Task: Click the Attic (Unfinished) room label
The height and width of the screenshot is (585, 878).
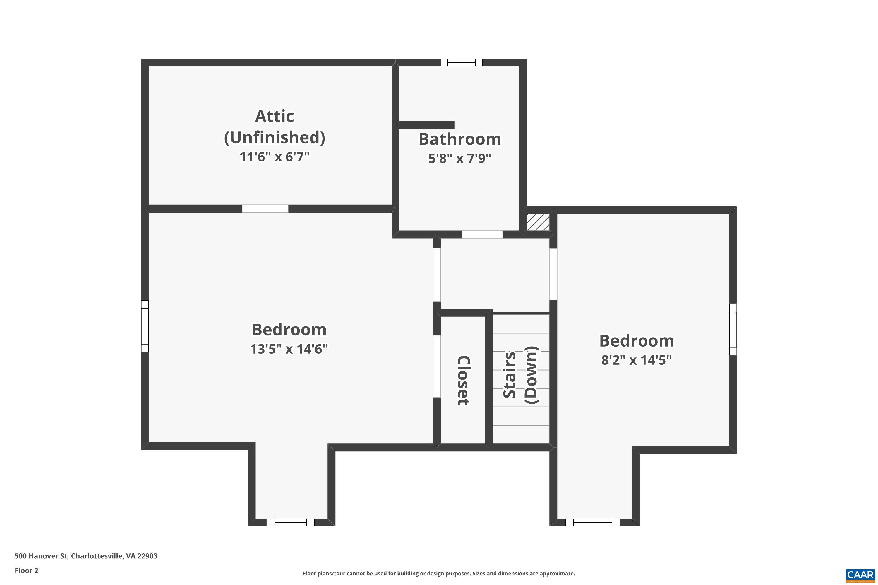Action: [x=275, y=127]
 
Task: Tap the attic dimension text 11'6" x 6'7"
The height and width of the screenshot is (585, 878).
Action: [x=275, y=157]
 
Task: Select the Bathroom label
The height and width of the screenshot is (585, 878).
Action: [x=459, y=139]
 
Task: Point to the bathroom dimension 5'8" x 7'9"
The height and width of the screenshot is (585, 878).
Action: [x=459, y=159]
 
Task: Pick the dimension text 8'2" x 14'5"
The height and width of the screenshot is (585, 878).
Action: [x=637, y=360]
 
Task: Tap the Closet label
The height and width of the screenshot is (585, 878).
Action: [x=464, y=380]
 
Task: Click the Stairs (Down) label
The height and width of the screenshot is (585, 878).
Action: [x=520, y=375]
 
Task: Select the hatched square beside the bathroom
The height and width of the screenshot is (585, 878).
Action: [x=538, y=222]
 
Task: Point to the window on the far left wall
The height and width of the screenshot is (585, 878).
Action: [x=145, y=326]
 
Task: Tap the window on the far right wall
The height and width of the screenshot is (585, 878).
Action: [x=733, y=329]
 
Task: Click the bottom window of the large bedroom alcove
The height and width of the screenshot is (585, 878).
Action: [x=290, y=523]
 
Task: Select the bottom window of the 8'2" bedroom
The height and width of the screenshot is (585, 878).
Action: [x=593, y=523]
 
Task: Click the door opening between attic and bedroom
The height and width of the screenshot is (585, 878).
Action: [x=265, y=209]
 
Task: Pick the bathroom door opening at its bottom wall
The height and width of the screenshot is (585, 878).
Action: [x=482, y=235]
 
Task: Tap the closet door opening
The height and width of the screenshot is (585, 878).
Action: [x=437, y=367]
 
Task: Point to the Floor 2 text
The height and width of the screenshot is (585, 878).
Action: [x=27, y=570]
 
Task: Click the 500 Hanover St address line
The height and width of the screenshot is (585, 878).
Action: [x=86, y=556]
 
